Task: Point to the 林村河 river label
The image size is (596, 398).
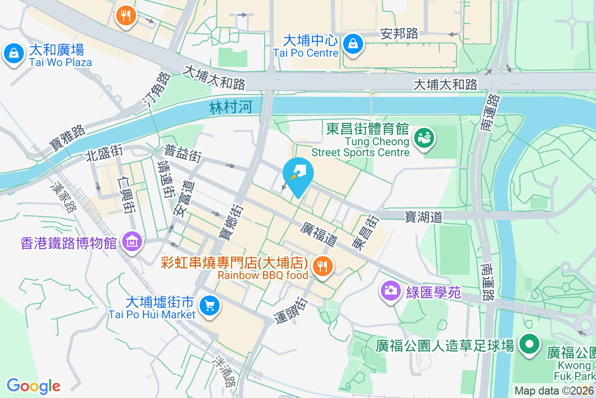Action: pyautogui.click(x=231, y=107)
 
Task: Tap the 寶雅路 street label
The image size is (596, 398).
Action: pyautogui.click(x=68, y=138)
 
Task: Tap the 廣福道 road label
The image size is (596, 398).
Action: pyautogui.click(x=319, y=234)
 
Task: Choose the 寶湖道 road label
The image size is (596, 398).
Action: pyautogui.click(x=423, y=216)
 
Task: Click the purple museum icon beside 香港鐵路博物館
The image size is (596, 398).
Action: pyautogui.click(x=132, y=242)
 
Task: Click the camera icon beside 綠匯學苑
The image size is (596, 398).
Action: pyautogui.click(x=391, y=291)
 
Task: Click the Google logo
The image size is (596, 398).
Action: pyautogui.click(x=33, y=386)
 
